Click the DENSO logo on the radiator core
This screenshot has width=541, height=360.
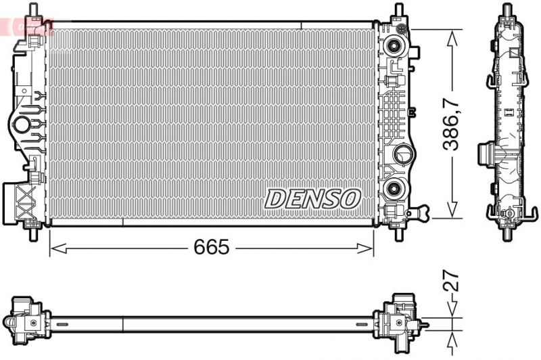point(312,198)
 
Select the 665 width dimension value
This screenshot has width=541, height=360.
point(212,248)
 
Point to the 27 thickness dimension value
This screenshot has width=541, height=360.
point(452,282)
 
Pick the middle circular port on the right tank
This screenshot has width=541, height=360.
point(404,154)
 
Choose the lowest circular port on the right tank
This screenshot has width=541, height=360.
point(394,187)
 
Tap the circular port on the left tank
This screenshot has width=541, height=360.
point(22,125)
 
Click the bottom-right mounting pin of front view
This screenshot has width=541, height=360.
point(398,235)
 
